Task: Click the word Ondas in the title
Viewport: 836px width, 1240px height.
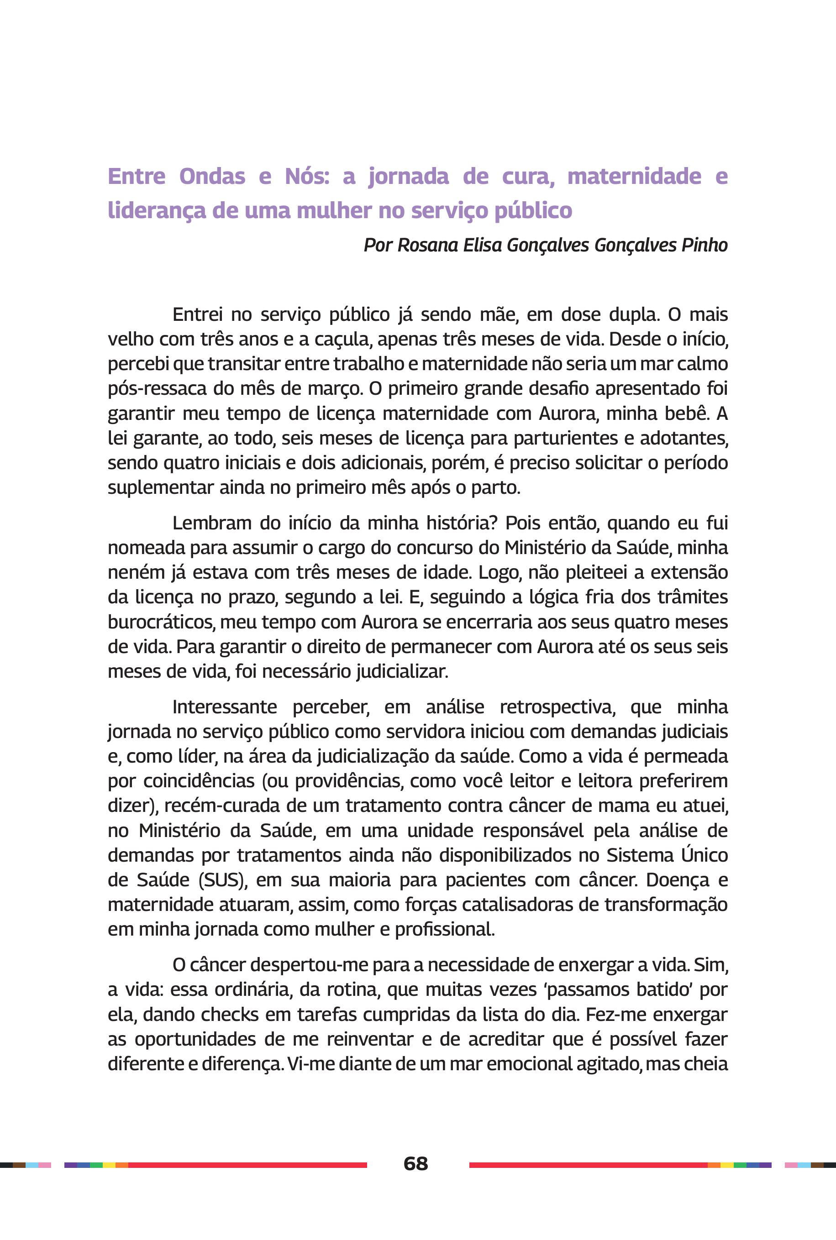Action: (x=212, y=176)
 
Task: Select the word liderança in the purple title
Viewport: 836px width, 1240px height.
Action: (x=157, y=210)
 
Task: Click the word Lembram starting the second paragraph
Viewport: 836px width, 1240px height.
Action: (x=212, y=523)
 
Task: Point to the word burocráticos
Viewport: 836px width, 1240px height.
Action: (x=160, y=622)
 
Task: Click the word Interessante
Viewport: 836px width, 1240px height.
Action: (x=225, y=707)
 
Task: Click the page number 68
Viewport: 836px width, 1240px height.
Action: (x=416, y=1164)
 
